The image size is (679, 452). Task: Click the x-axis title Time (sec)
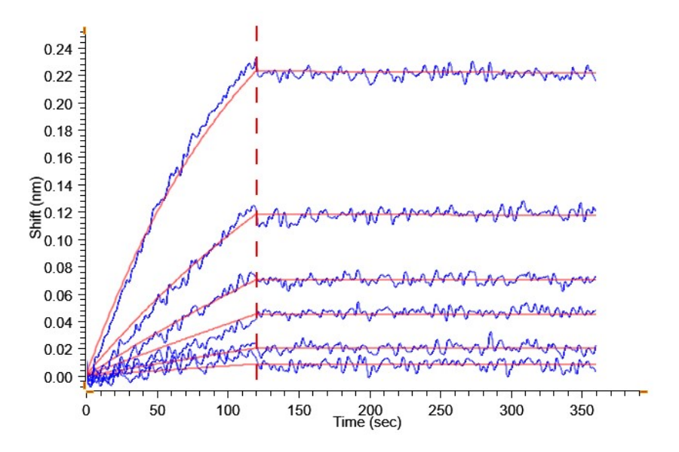tap(367, 423)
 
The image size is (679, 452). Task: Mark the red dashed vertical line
tap(257, 226)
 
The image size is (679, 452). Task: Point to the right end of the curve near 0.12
tap(595, 209)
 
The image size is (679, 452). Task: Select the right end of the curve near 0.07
tap(595, 278)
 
